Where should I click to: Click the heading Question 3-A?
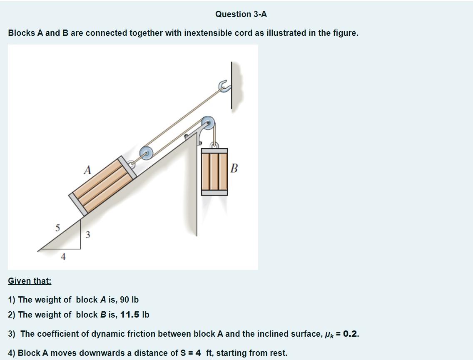(241, 14)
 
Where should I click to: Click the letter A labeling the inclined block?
(87, 170)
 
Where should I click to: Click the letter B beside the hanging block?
(234, 168)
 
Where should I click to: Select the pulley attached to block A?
(146, 153)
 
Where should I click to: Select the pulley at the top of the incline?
(208, 123)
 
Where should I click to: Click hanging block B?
(214, 172)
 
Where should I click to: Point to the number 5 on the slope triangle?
(58, 228)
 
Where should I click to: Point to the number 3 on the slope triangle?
(87, 235)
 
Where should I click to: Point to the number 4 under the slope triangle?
(63, 257)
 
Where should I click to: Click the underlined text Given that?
(30, 281)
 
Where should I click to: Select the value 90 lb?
(129, 300)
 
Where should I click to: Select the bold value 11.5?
(130, 315)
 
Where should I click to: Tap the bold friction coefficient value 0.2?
(351, 334)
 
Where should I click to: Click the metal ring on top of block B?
(214, 145)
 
